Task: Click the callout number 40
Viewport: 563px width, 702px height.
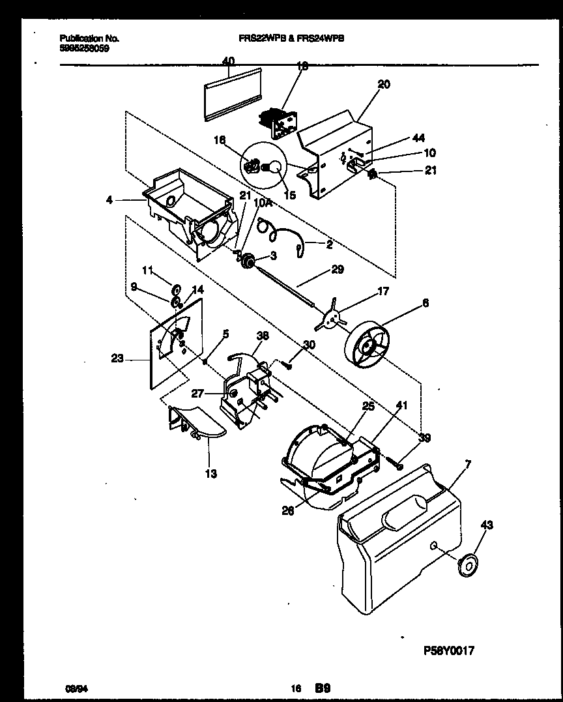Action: point(228,61)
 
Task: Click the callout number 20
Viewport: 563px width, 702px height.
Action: point(384,84)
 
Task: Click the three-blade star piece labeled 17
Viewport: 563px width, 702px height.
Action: point(332,318)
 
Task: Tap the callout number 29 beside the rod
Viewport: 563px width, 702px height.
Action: point(337,269)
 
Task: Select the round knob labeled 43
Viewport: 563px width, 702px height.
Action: point(467,565)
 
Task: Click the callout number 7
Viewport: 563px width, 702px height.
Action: point(469,463)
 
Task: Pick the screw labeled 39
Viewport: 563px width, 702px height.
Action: point(396,463)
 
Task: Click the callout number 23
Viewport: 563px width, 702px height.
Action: point(118,357)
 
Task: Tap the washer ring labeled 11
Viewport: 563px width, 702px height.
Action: point(177,287)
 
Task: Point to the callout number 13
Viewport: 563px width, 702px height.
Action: point(211,473)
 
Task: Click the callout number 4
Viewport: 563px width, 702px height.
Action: point(109,200)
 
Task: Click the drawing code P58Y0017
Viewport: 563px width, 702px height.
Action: point(448,650)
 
